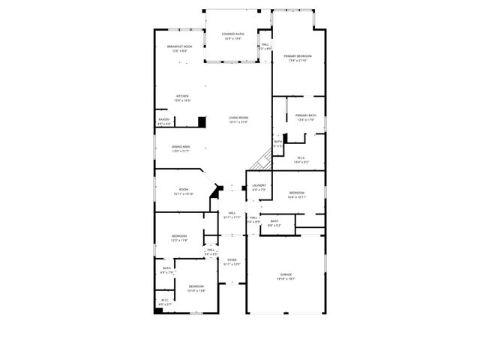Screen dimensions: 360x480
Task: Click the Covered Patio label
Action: (x=232, y=35)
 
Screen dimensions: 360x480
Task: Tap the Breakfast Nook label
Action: (x=179, y=48)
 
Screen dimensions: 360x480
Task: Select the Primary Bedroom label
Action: (x=298, y=58)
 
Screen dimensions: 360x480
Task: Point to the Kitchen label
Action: (x=182, y=97)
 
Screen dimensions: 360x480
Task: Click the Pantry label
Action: (x=163, y=121)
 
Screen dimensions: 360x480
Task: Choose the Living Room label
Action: (x=238, y=119)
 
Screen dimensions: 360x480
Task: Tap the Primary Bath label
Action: (x=306, y=116)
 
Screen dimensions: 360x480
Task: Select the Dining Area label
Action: (x=180, y=148)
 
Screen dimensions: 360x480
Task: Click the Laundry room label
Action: (x=259, y=187)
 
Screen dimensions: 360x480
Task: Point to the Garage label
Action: (x=286, y=276)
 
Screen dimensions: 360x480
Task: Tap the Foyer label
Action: (x=232, y=262)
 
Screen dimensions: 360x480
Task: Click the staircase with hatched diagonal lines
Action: (x=262, y=159)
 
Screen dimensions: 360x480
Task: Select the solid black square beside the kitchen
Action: (x=202, y=121)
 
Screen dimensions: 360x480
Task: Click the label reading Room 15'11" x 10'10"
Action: (x=184, y=191)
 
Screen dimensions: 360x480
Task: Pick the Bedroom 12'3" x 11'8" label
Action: (x=178, y=238)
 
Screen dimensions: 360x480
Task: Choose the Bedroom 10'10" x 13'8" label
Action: (x=196, y=288)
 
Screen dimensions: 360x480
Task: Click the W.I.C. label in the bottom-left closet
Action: (x=165, y=302)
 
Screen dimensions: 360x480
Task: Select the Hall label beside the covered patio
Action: (x=265, y=46)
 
